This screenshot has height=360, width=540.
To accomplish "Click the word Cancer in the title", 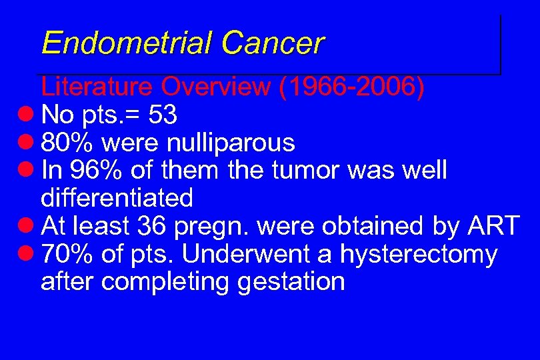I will point(273,43).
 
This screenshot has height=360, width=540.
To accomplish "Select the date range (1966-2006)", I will point(353,87).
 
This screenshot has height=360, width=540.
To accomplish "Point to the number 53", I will point(163,115).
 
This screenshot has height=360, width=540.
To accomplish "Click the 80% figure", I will point(67,143).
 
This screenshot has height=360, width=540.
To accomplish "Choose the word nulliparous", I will point(231,143).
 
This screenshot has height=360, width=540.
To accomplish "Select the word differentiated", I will point(117,198).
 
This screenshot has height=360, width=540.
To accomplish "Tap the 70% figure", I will point(67,254).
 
